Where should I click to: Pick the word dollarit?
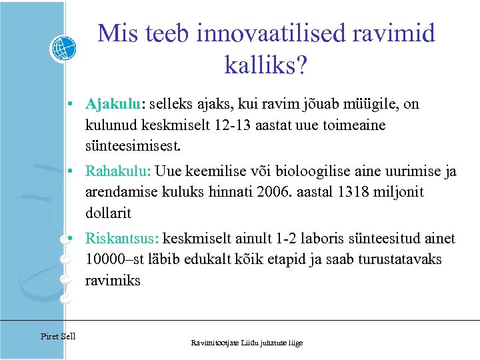point(108,213)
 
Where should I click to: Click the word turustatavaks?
point(389,259)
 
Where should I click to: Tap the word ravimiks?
point(113,281)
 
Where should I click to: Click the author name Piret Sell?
point(58,336)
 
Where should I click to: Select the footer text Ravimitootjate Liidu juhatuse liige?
point(247,343)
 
